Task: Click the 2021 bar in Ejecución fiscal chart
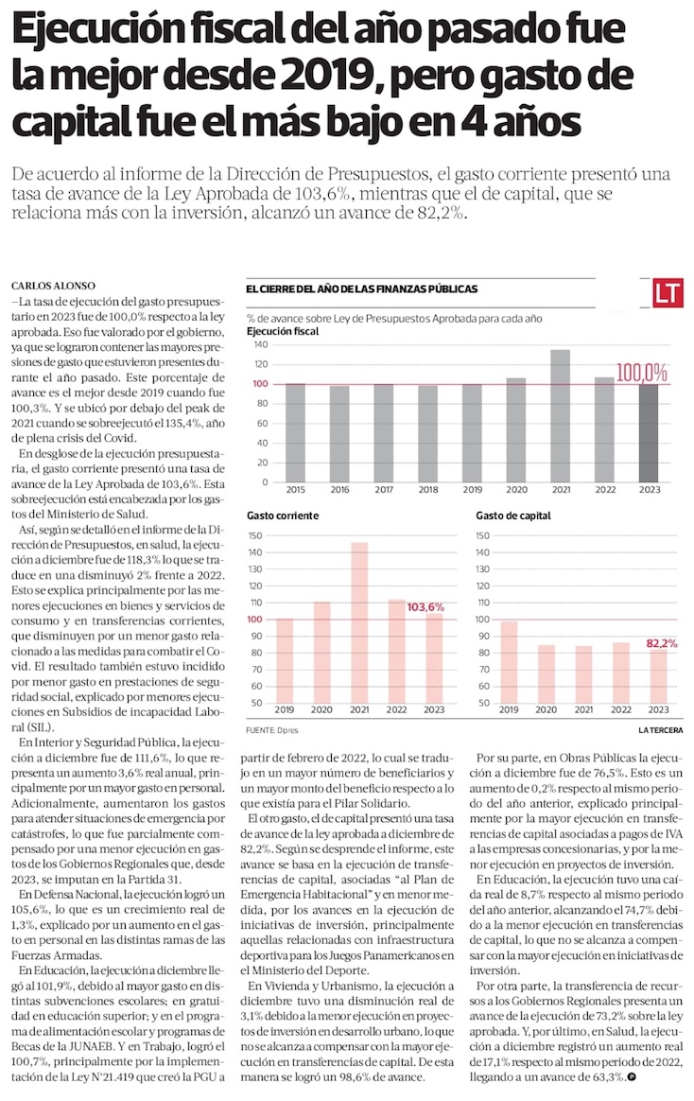[x=560, y=416]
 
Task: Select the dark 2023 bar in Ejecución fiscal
[x=648, y=433]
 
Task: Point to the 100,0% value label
[x=642, y=373]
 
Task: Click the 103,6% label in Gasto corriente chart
[x=425, y=606]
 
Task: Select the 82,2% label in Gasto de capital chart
[x=663, y=643]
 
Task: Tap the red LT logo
[x=668, y=293]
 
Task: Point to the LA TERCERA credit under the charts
[x=661, y=730]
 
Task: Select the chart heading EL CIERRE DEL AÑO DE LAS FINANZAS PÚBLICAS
[x=361, y=289]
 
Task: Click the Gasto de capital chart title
[x=514, y=516]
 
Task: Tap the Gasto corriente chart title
[x=282, y=516]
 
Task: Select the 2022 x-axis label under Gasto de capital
[x=620, y=709]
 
